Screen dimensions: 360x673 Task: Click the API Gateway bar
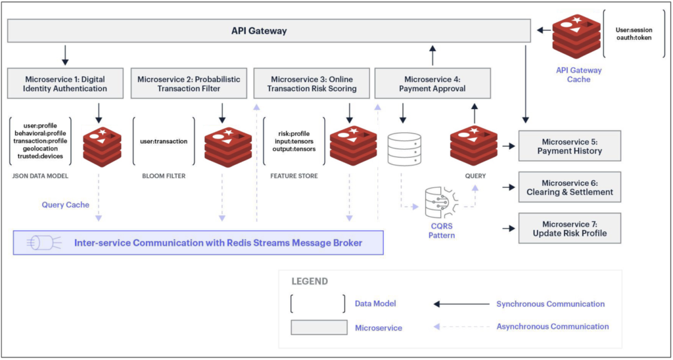[x=268, y=31]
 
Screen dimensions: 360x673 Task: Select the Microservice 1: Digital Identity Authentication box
[x=57, y=84]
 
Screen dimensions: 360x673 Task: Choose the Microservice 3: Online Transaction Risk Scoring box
[x=310, y=84]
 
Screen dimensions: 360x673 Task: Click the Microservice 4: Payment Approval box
[x=433, y=84]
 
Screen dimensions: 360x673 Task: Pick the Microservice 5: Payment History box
[x=569, y=146]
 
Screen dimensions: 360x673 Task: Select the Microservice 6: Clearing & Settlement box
[x=569, y=187]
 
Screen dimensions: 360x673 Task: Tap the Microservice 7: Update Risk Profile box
[x=569, y=229]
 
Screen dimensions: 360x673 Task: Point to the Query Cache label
[x=66, y=205]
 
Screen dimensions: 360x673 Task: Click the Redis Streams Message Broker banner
[x=198, y=243]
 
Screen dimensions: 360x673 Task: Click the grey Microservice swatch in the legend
[x=319, y=327]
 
